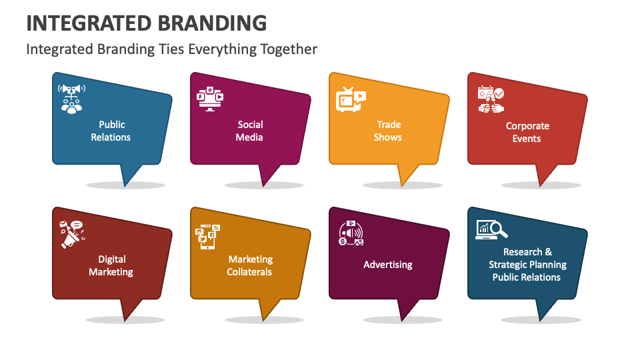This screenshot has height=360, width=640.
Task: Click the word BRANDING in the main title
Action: point(212,23)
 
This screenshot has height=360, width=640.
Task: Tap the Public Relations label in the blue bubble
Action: point(111,131)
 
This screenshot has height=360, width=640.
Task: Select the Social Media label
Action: point(250,131)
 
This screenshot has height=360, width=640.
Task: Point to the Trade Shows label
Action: point(388,131)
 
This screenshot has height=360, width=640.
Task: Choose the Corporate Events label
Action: point(527,132)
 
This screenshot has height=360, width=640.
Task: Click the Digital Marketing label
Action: point(111,265)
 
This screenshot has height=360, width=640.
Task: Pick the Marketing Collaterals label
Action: point(250,265)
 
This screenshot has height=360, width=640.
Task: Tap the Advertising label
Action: point(388,265)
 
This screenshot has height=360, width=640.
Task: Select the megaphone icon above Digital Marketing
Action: point(71,234)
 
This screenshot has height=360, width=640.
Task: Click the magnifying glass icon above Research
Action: point(499,230)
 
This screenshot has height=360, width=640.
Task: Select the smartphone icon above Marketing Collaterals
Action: point(207,237)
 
